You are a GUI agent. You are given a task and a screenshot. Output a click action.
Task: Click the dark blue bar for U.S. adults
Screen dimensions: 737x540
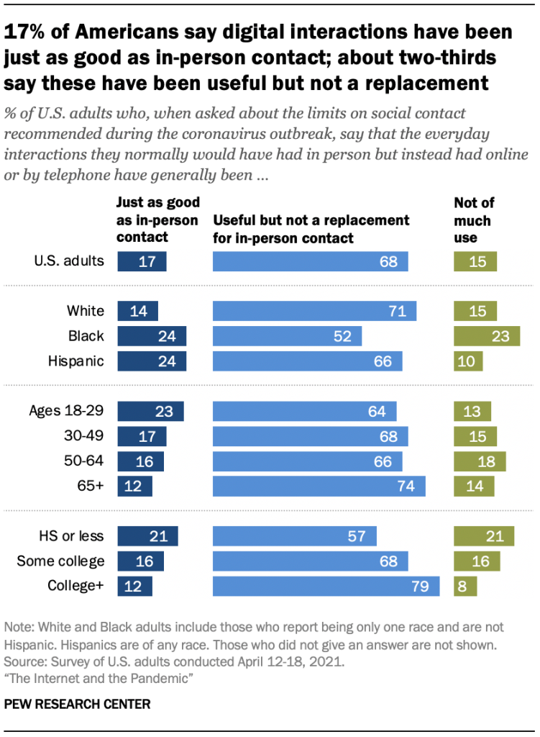(142, 261)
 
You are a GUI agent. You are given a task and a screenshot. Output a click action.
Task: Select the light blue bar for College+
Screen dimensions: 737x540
(326, 586)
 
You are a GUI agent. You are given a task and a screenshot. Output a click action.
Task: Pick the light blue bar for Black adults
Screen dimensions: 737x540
(288, 336)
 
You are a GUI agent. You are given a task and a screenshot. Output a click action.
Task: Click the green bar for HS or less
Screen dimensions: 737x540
(484, 535)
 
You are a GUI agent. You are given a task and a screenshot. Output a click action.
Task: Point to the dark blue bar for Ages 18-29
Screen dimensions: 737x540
(150, 411)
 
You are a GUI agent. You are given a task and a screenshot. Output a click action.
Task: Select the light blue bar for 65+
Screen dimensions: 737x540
(319, 486)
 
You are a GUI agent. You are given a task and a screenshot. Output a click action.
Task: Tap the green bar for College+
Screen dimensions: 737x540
(465, 586)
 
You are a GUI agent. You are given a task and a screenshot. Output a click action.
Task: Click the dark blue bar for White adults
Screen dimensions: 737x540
(137, 311)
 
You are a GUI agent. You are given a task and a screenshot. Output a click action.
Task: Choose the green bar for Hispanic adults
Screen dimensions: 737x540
(468, 361)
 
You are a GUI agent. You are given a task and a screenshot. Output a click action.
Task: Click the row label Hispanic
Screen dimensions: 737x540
(78, 361)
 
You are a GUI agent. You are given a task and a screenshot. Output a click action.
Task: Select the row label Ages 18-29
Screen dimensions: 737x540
(66, 411)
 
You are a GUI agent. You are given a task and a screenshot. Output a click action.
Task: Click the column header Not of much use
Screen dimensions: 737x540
(473, 220)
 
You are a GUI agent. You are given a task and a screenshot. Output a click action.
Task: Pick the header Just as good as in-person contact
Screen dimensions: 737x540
(157, 220)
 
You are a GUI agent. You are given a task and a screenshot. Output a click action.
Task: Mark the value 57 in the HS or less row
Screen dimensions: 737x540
(357, 535)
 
